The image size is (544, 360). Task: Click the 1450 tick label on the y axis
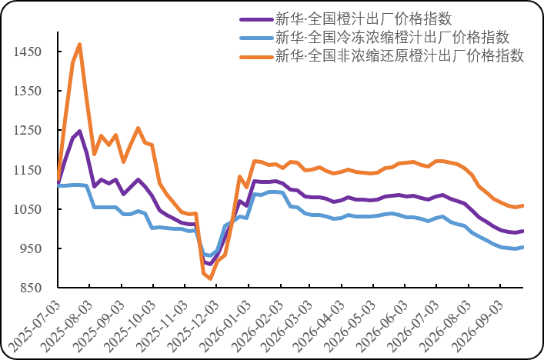coord(28,52)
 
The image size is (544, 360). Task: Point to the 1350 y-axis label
coord(28,91)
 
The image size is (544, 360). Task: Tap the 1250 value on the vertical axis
coord(28,130)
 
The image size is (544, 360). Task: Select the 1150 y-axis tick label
coord(28,170)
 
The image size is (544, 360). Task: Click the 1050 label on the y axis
coord(28,209)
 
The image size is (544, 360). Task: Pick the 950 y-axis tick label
coord(31,248)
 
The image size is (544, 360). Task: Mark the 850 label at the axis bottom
coord(31,288)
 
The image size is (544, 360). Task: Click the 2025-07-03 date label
coord(34,326)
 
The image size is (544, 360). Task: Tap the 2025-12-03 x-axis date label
coord(193,326)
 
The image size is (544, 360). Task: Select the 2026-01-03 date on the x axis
coord(225,326)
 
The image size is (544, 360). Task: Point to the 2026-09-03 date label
coord(477,326)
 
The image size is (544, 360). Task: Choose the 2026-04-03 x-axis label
coord(319,326)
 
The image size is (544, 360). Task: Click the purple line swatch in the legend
coord(257,19)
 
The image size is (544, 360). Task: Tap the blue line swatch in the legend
coord(257,38)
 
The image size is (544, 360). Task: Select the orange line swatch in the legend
coord(257,57)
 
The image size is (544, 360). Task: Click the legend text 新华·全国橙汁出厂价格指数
coord(364,18)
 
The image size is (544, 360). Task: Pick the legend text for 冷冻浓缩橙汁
coord(392,38)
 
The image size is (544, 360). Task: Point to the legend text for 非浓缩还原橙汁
coord(399,56)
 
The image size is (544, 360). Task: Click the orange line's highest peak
coord(80,44)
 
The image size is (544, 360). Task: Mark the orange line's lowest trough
coord(210,278)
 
